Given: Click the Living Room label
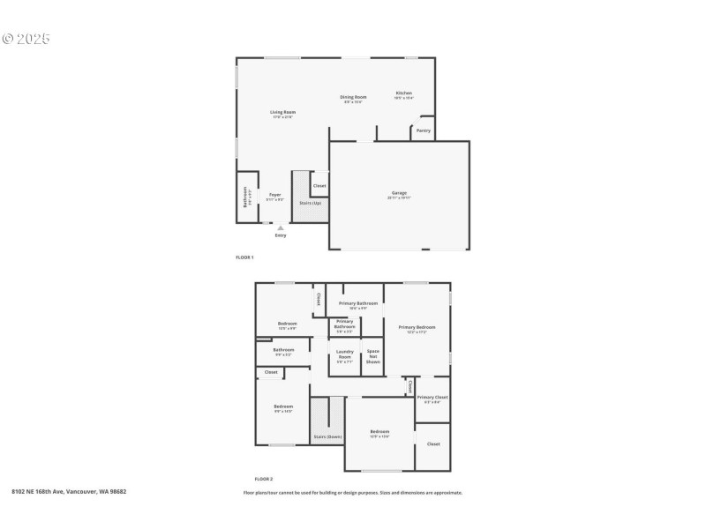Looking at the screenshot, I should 282,112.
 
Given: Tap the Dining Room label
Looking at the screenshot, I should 353,97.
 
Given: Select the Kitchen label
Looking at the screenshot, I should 403,93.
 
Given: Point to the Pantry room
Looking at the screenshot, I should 424,130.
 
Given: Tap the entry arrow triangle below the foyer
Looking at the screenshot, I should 281,227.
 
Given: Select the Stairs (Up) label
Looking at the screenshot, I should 310,203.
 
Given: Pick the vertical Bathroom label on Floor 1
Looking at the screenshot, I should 248,197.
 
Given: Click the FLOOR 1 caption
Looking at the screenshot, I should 244,257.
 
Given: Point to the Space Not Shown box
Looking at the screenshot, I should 373,356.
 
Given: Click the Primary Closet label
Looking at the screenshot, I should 432,397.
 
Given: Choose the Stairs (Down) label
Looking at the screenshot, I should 327,436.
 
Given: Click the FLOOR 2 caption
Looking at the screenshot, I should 252,479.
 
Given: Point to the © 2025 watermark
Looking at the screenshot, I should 26,39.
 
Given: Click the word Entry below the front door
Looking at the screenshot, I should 281,235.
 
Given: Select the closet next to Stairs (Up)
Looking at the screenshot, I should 319,186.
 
